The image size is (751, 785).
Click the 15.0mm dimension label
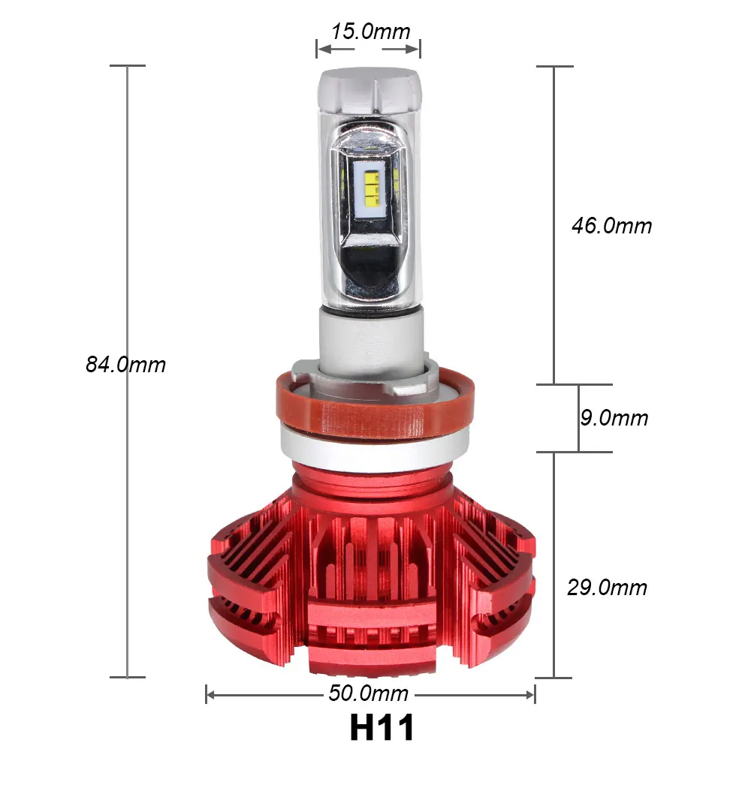pyautogui.click(x=370, y=31)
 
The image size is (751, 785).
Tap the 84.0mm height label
pyautogui.click(x=125, y=364)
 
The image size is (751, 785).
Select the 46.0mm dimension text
pyautogui.click(x=612, y=225)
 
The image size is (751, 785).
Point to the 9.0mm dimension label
pyautogui.click(x=614, y=417)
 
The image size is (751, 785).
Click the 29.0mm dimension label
pyautogui.click(x=608, y=587)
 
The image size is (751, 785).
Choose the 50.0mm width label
pyautogui.click(x=368, y=693)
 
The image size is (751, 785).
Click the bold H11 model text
pyautogui.click(x=382, y=727)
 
